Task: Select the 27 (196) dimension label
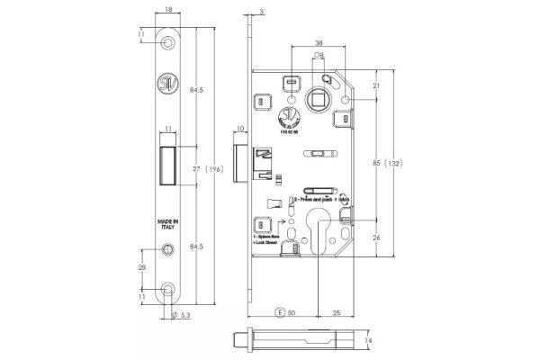point(210,168)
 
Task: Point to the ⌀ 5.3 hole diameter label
point(181,316)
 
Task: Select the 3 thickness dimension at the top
point(261,12)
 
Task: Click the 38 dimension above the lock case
point(319,42)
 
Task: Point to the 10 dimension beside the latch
point(240,130)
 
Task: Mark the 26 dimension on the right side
point(376,238)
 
